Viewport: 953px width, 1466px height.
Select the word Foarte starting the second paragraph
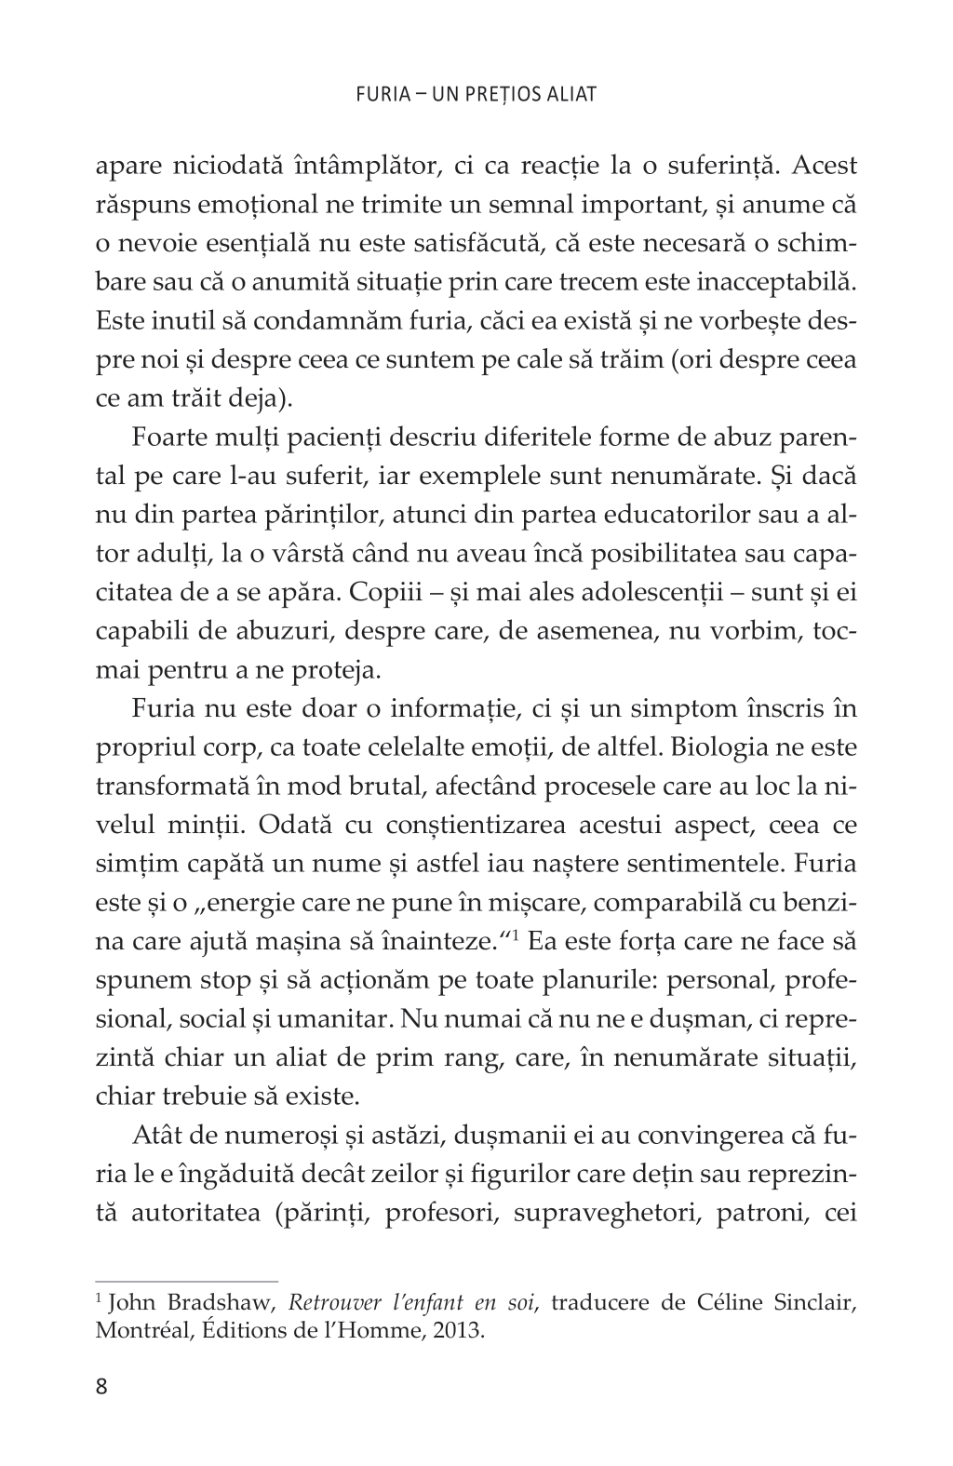(x=168, y=437)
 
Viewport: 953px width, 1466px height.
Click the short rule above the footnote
(x=187, y=1281)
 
